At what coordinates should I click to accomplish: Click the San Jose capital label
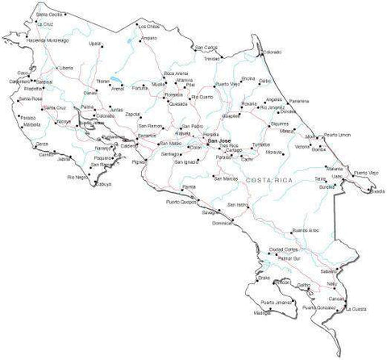coord(218,141)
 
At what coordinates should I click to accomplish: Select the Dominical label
coord(221,223)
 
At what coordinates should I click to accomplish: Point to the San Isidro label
coord(240,205)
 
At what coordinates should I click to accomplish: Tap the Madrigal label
coord(262,312)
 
